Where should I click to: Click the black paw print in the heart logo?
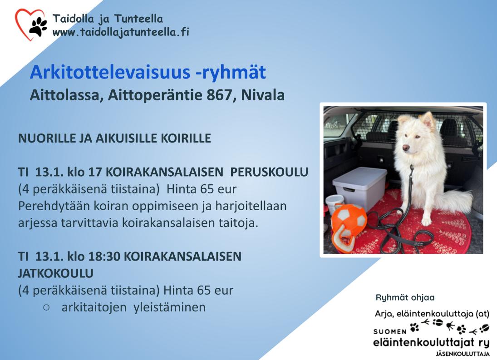(x=38, y=26)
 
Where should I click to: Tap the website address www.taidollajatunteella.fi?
(x=121, y=32)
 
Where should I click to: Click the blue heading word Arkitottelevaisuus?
(x=110, y=72)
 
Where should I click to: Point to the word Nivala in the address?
(x=263, y=95)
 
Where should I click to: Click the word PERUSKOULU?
(x=269, y=172)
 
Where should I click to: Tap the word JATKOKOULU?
(x=56, y=273)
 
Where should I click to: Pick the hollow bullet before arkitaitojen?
(x=46, y=307)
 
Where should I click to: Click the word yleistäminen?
(x=170, y=307)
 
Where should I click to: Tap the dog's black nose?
(x=405, y=148)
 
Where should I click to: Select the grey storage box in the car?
(x=360, y=188)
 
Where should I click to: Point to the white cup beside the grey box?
(x=335, y=204)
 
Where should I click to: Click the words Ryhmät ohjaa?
(x=405, y=297)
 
